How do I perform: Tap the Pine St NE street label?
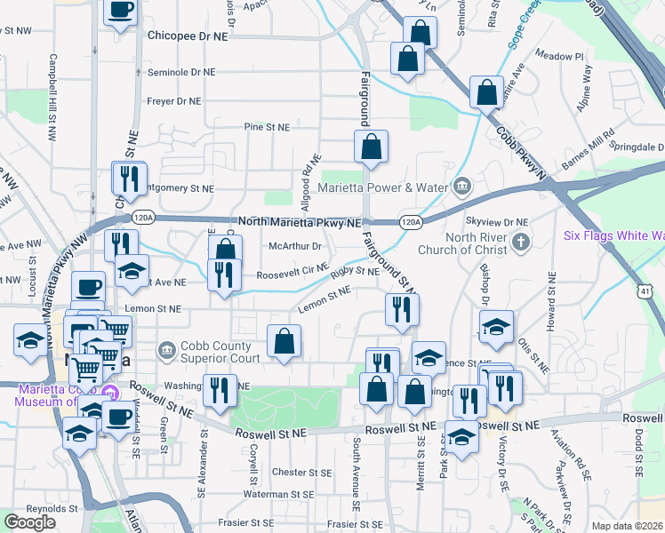click(268, 127)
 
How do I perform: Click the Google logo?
click(29, 522)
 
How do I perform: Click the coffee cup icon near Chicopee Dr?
click(121, 12)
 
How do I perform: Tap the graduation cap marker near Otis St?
click(496, 326)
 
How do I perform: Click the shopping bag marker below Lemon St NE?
click(284, 340)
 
